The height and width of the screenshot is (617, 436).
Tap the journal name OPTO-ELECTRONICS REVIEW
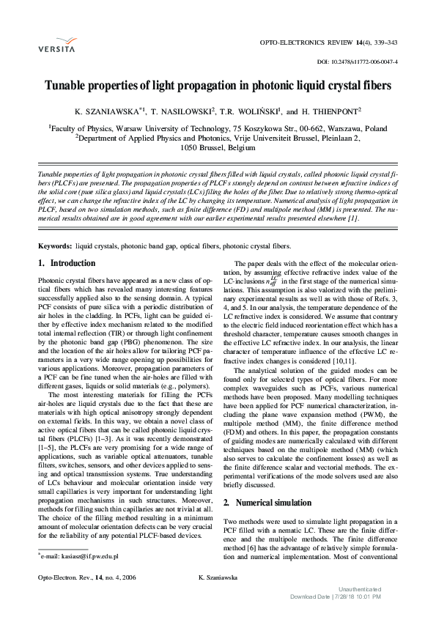coord(308,44)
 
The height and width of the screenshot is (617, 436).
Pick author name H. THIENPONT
coord(331,112)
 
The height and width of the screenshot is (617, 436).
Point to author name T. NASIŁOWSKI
coord(182,112)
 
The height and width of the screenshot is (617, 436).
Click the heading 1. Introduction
coord(66,263)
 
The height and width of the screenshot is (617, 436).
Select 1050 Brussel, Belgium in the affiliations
coord(218,147)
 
